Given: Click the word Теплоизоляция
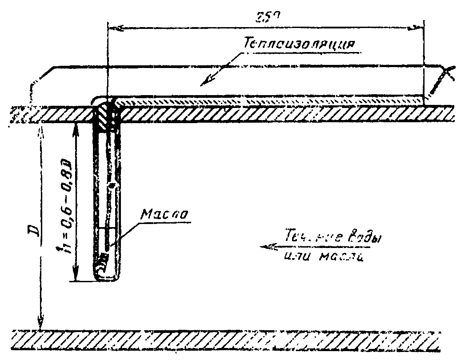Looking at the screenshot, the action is pyautogui.click(x=299, y=43).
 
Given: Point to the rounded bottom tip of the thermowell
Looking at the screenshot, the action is pyautogui.click(x=107, y=278).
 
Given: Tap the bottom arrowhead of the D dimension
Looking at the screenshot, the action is pyautogui.click(x=40, y=324).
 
